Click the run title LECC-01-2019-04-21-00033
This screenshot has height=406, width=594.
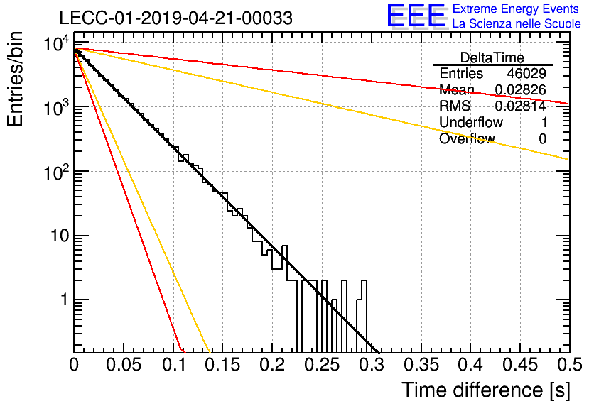tap(175, 18)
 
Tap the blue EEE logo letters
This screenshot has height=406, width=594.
tap(416, 16)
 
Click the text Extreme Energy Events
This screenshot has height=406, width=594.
tap(516, 9)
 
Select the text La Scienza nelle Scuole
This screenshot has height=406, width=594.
tap(517, 24)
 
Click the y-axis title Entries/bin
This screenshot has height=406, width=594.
tap(15, 79)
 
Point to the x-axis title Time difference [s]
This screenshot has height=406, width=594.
tap(486, 390)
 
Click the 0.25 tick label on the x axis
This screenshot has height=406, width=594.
tap(322, 365)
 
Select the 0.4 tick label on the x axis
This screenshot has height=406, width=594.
tap(470, 365)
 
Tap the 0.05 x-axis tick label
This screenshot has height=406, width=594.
tap(124, 365)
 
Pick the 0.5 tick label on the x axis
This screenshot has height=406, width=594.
tap(569, 365)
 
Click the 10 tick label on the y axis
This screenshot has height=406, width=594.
tap(60, 236)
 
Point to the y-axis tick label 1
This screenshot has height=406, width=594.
tap(65, 300)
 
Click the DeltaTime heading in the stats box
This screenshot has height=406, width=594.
tap(492, 57)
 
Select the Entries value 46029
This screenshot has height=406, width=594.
tap(526, 73)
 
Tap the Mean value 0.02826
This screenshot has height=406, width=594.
tap(521, 89)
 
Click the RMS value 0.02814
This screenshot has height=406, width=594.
tap(521, 106)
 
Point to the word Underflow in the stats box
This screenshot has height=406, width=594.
tap(471, 122)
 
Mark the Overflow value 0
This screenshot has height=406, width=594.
tap(542, 138)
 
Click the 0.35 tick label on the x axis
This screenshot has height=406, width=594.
tap(421, 365)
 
